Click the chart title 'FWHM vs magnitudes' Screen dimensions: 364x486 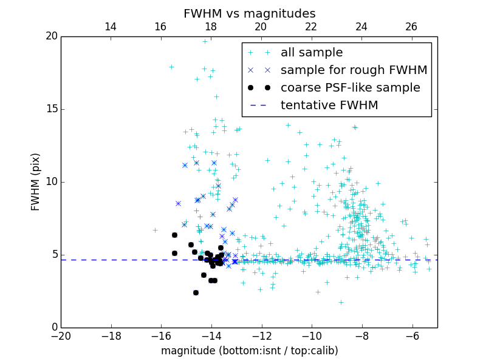[x=249, y=13]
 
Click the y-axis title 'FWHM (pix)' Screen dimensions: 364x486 [x=36, y=182]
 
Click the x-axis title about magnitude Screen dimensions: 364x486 [x=249, y=351]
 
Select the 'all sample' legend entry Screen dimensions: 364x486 [x=312, y=53]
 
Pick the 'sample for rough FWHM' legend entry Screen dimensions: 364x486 [x=354, y=70]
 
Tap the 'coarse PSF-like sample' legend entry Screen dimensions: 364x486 [x=350, y=87]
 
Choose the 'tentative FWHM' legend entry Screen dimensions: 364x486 [x=329, y=105]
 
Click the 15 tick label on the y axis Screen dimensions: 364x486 [x=51, y=109]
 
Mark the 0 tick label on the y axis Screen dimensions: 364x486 [x=53, y=328]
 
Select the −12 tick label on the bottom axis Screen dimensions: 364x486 [x=261, y=336]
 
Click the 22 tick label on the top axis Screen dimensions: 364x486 [x=311, y=27]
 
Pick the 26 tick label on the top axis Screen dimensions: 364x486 [x=411, y=27]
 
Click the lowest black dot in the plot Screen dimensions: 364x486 [x=196, y=292]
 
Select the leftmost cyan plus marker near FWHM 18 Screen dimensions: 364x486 [x=171, y=67]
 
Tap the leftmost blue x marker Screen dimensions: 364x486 [x=178, y=203]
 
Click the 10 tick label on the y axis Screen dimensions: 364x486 [x=51, y=182]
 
